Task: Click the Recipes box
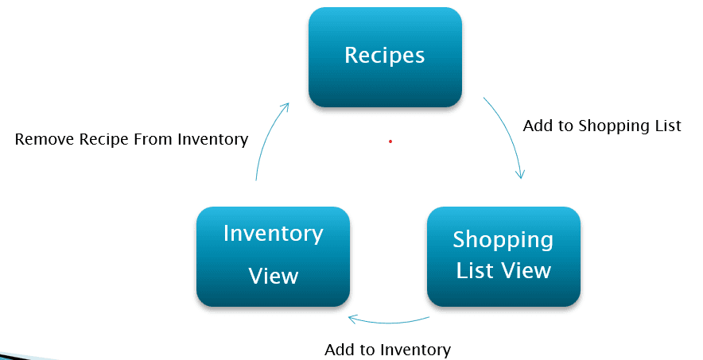pyautogui.click(x=385, y=56)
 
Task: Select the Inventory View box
pyautogui.click(x=273, y=256)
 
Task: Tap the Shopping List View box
pyautogui.click(x=503, y=256)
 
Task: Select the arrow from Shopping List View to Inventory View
pyautogui.click(x=390, y=322)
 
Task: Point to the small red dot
pyautogui.click(x=390, y=141)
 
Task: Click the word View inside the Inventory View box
pyautogui.click(x=273, y=276)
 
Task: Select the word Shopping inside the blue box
pyautogui.click(x=503, y=239)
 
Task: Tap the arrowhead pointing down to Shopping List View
pyautogui.click(x=522, y=174)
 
